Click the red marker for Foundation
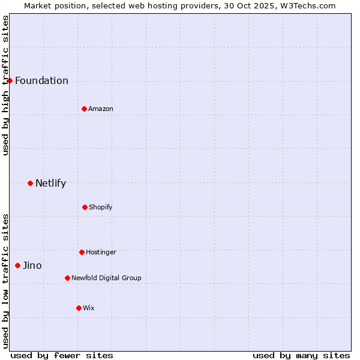[10, 80]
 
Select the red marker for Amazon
[84, 109]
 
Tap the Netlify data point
[30, 183]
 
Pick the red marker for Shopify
[85, 207]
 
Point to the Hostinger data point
[82, 252]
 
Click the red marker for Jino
[17, 265]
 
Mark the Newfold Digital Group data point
[67, 278]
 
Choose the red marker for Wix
[79, 308]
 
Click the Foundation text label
[41, 81]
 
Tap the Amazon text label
[101, 109]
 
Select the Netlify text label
[50, 184]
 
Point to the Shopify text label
[101, 208]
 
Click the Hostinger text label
[101, 253]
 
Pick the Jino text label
[32, 266]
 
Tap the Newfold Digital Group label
[106, 278]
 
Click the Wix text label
[89, 308]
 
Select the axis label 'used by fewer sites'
[62, 355]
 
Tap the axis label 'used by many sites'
[301, 355]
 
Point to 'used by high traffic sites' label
[5, 85]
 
